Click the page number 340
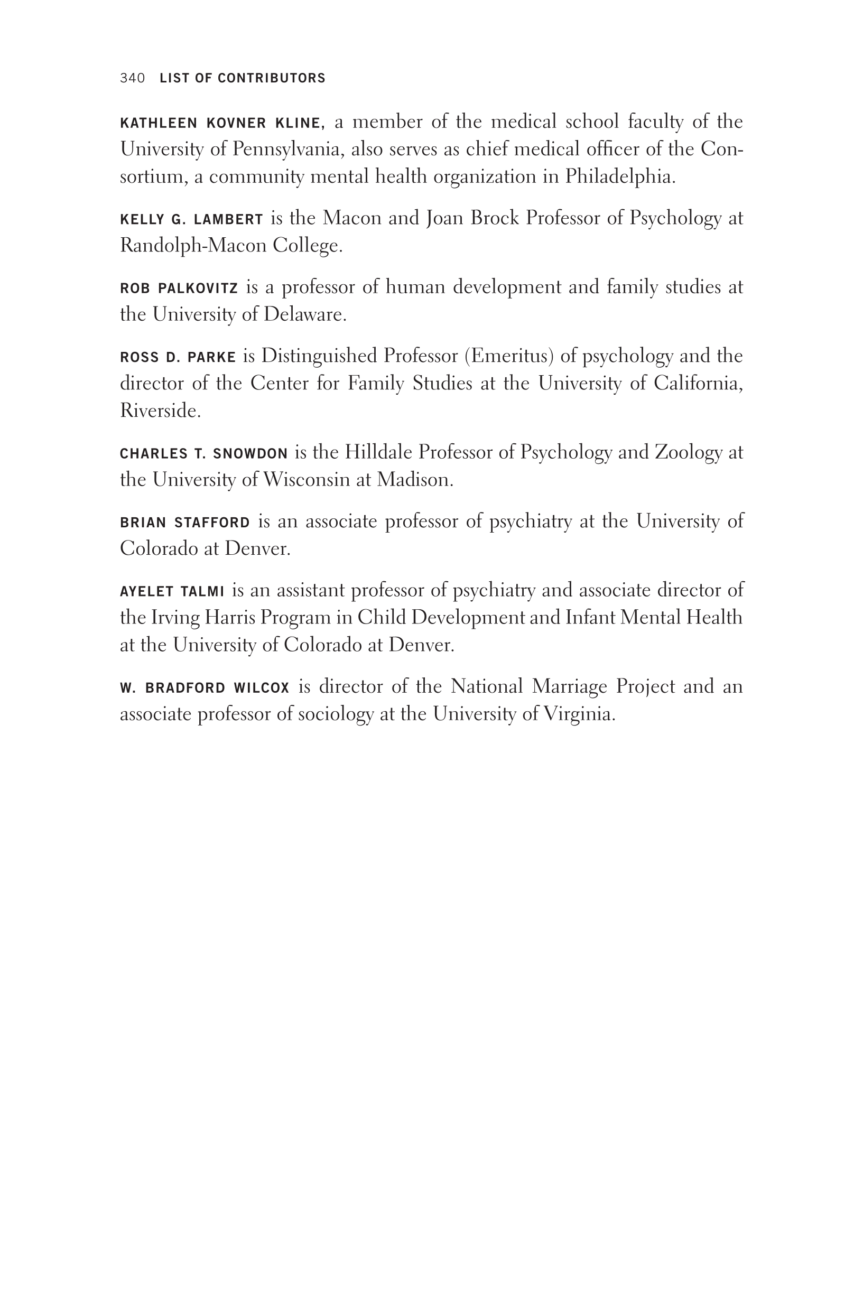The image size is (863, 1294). coord(132,78)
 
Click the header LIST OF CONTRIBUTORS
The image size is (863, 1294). coord(242,78)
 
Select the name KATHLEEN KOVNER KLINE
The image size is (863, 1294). coord(220,123)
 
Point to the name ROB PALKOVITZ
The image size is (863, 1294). coord(179,288)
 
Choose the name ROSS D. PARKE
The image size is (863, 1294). coord(178,358)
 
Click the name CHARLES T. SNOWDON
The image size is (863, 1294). coord(203,454)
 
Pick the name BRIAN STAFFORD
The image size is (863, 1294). coord(185,523)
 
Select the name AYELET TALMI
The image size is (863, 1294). coord(172,591)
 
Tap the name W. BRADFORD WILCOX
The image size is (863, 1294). coord(204,688)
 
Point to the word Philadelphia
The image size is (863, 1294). coord(619,176)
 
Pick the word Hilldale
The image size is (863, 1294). coord(379,452)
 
